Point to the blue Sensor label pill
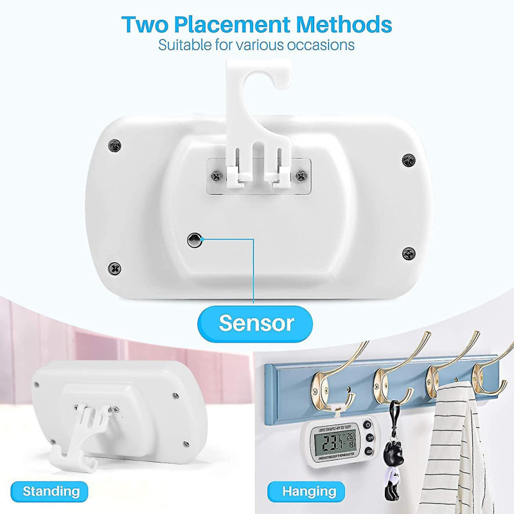[x=256, y=323]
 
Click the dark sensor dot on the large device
[x=193, y=240]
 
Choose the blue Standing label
[x=51, y=492]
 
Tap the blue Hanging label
[x=309, y=492]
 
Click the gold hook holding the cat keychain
[x=389, y=385]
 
